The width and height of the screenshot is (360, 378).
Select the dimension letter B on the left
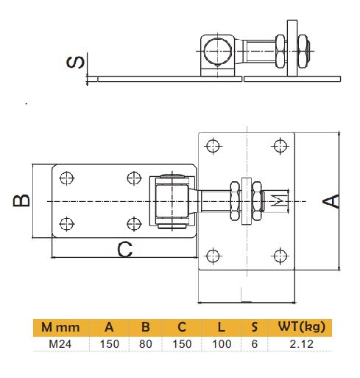(x=24, y=200)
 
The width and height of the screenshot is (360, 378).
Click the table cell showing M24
(x=60, y=343)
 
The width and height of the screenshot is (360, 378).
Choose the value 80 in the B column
(x=144, y=343)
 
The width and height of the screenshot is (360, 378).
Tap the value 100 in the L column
(x=221, y=343)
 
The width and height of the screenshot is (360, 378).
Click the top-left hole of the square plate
(x=213, y=145)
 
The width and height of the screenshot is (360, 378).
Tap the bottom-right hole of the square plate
(x=279, y=256)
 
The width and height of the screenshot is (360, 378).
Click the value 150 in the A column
(x=109, y=343)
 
